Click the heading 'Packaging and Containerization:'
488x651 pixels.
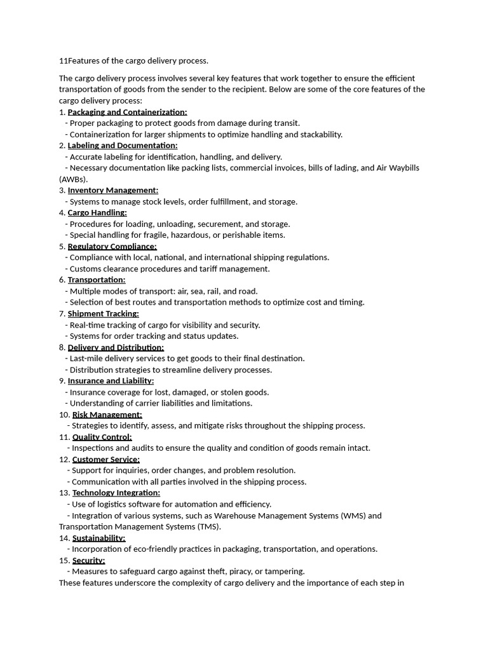coord(127,112)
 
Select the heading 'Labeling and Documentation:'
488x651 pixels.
coord(123,146)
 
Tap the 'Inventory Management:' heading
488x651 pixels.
coord(113,190)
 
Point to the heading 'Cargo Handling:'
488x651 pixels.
coord(97,212)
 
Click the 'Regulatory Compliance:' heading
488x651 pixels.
coord(112,246)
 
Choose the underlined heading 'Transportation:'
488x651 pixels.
coord(97,280)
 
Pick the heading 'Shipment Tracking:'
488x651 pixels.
coord(103,313)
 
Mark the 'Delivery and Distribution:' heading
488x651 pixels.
coord(116,347)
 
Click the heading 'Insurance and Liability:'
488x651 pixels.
coord(111,381)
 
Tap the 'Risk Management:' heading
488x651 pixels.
coord(107,415)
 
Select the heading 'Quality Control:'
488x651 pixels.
coord(102,437)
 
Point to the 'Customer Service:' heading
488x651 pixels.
coord(105,459)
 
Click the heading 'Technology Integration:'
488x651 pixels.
coord(116,493)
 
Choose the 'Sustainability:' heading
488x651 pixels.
coord(98,538)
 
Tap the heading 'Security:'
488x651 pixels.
coord(88,560)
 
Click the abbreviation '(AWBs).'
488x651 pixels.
coord(74,179)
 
